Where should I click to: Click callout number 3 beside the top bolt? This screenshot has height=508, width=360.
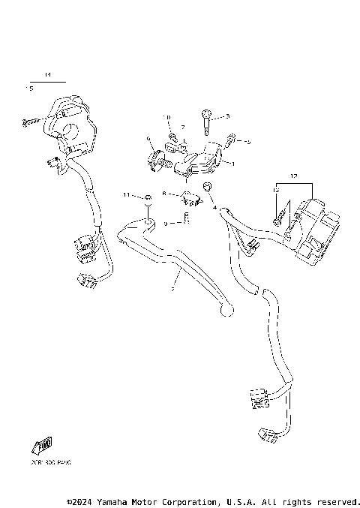pyautogui.click(x=227, y=116)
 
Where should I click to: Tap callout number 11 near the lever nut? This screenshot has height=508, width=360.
pyautogui.click(x=127, y=195)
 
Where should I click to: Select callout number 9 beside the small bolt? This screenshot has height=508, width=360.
pyautogui.click(x=165, y=223)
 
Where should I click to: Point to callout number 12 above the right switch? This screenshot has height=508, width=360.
pyautogui.click(x=293, y=176)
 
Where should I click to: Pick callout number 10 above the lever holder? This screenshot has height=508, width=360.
pyautogui.click(x=167, y=118)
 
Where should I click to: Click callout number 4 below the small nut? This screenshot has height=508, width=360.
pyautogui.click(x=214, y=207)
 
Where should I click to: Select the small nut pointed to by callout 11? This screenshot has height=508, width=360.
pyautogui.click(x=148, y=197)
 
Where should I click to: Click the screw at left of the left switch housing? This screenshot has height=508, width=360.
pyautogui.click(x=29, y=120)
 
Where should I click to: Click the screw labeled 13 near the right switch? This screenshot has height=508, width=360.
pyautogui.click(x=280, y=218)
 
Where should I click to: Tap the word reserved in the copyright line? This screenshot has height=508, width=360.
pyautogui.click(x=340, y=501)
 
